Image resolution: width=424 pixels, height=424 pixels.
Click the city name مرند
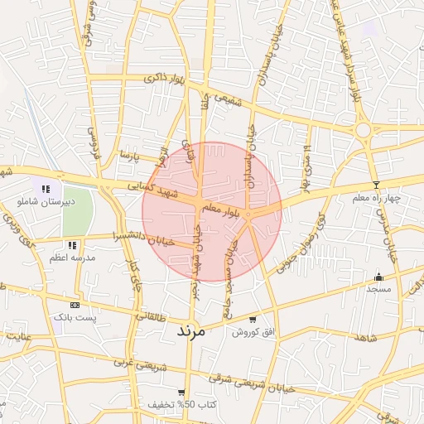coord(195,330)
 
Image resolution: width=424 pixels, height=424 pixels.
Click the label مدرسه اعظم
coord(72,258)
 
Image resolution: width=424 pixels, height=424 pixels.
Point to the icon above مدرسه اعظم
coord(73,246)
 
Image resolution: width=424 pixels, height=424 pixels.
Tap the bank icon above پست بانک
coord(75,305)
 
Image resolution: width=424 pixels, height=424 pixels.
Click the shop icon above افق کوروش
coord(253,320)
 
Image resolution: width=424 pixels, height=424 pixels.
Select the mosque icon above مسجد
coord(380,277)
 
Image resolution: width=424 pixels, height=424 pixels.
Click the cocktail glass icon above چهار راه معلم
coord(377,184)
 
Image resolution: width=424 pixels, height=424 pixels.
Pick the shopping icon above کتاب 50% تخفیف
coord(182,393)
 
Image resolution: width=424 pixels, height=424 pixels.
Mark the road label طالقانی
coord(151,316)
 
